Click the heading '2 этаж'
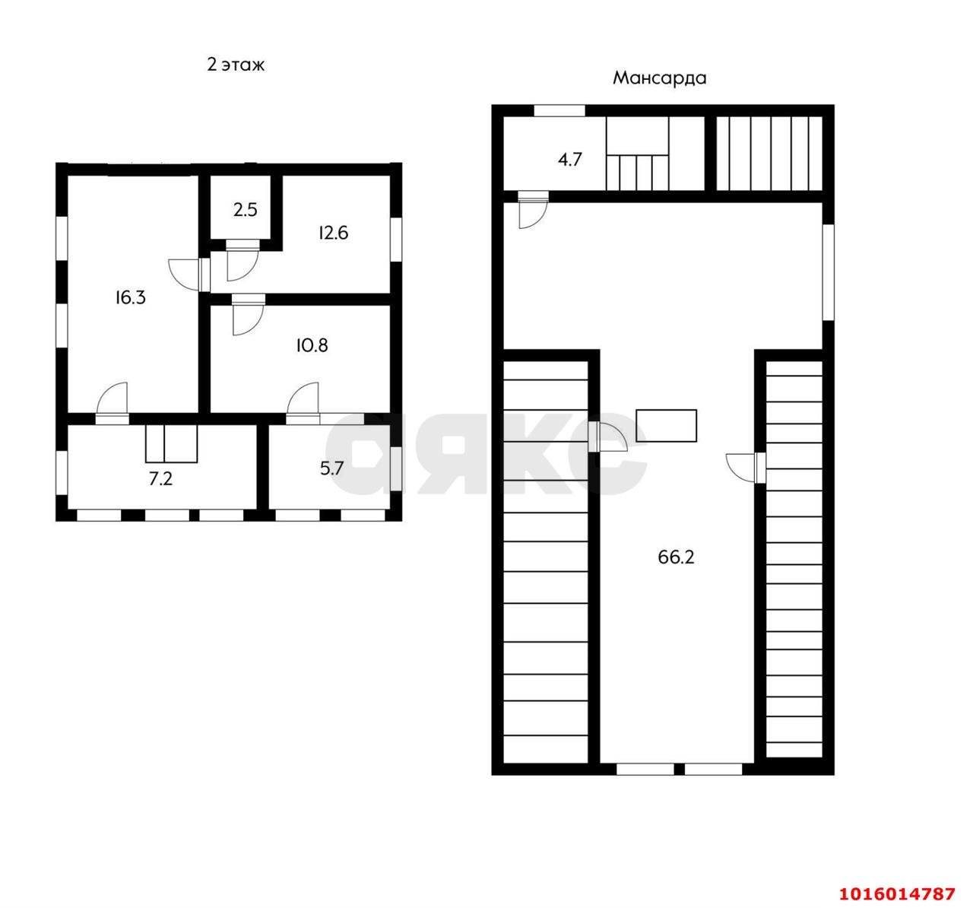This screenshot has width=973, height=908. pos(236,65)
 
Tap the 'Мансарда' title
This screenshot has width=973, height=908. pos(660,78)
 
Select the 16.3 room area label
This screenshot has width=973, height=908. pos(131,297)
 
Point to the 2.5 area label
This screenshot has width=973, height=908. pos(246,210)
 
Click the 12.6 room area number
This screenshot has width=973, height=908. pos(333,233)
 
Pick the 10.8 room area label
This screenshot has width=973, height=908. pos(312,346)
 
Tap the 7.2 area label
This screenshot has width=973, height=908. pos(160,478)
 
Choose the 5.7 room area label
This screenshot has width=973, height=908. pos(331,468)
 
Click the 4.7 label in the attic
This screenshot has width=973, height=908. pos(570,160)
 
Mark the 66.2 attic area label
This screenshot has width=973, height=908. pos(676,557)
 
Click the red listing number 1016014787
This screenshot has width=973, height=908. pos(898,894)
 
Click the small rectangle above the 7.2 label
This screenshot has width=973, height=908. pos(172,443)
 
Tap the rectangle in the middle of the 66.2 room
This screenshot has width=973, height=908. pos(667,426)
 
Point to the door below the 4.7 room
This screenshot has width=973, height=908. pos(533,210)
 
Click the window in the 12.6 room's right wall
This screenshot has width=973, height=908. pos(396,240)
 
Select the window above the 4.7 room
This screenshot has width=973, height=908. pos(559,110)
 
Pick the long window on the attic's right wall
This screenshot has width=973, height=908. pos(828,272)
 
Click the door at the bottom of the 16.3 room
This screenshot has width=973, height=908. pos(113,403)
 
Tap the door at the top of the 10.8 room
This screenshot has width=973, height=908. pos(249,314)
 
